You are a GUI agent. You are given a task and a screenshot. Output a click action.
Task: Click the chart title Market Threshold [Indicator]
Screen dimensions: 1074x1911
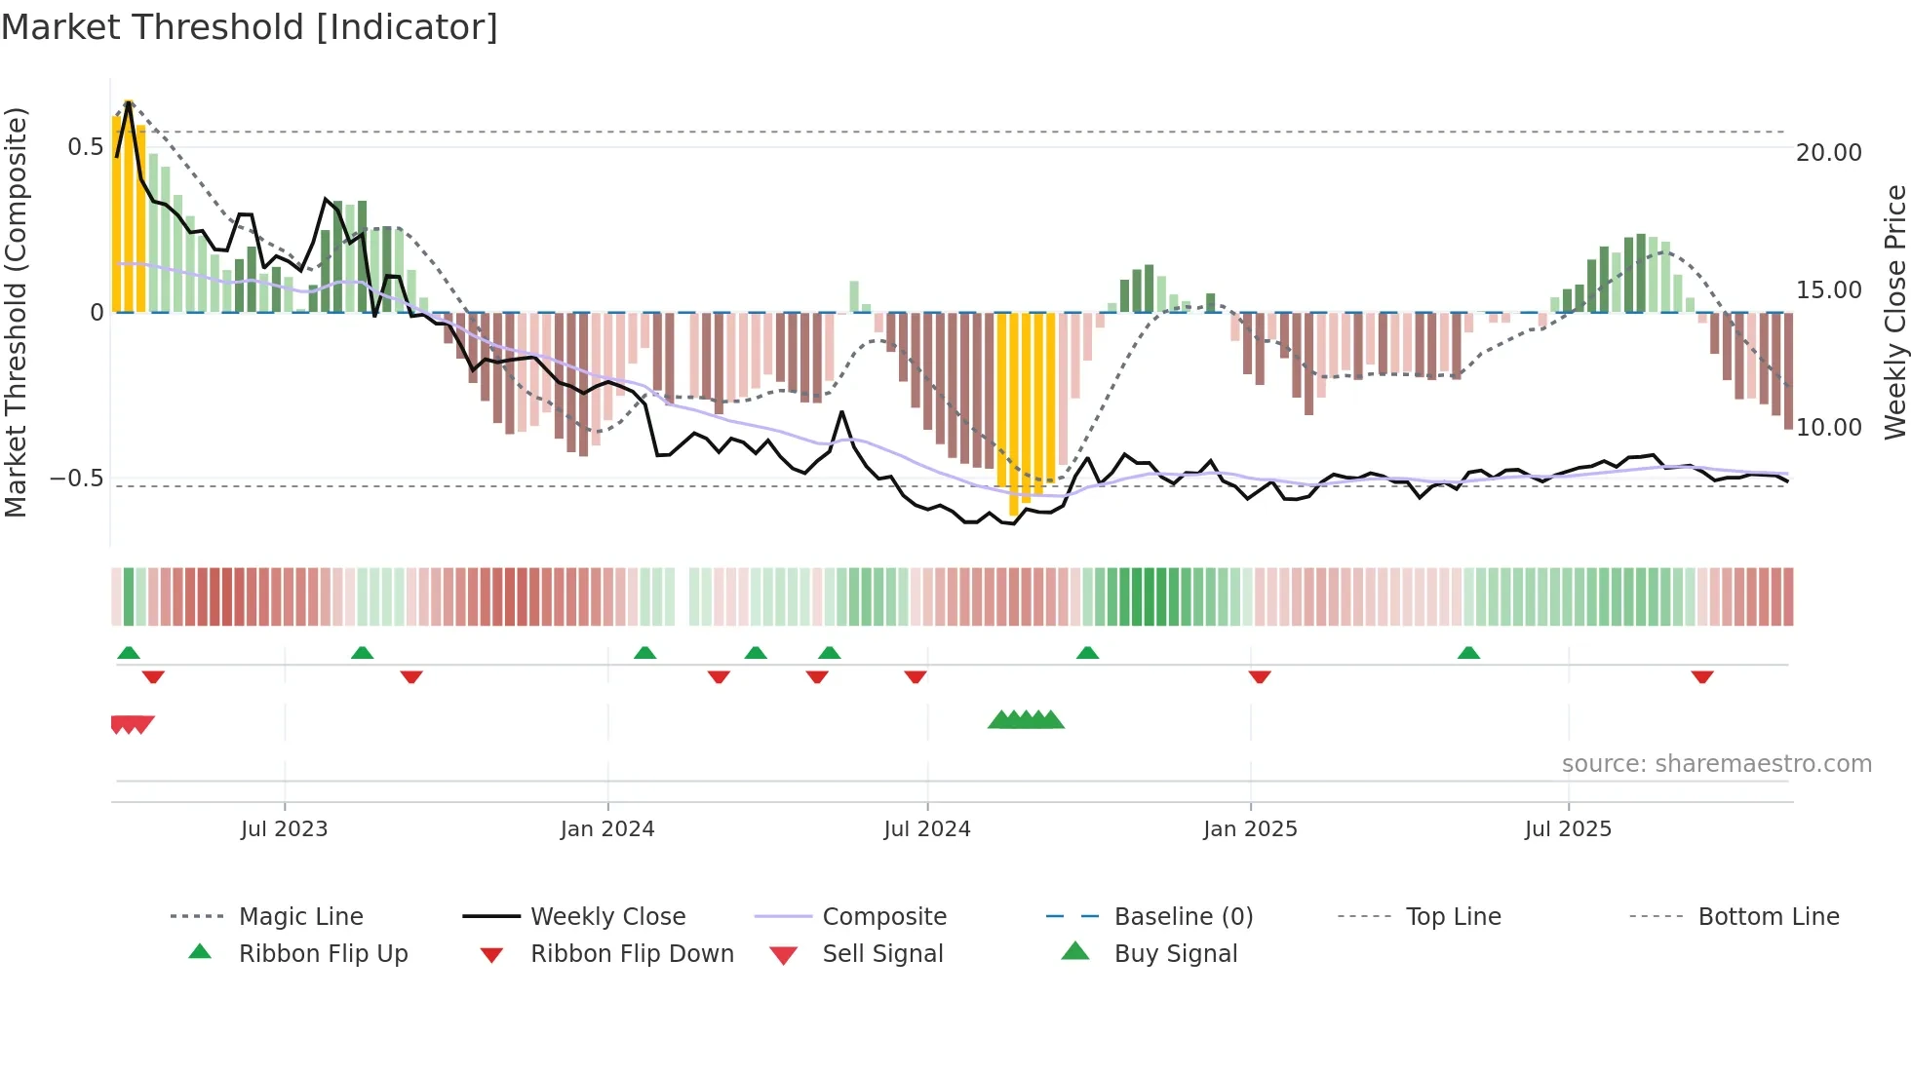tap(250, 27)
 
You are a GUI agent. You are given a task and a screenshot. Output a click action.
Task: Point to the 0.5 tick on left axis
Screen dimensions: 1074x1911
tap(85, 147)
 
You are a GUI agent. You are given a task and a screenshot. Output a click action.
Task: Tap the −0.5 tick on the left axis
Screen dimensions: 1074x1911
tap(77, 479)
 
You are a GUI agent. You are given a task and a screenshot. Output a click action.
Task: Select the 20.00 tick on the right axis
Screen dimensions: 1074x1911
tap(1828, 153)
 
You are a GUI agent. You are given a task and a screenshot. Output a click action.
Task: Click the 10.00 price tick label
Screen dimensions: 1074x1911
tap(1828, 428)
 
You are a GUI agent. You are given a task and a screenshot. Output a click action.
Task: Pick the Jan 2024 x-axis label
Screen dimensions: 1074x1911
tap(606, 829)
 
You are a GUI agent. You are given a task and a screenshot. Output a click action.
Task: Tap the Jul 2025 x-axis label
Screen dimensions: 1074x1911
tap(1568, 829)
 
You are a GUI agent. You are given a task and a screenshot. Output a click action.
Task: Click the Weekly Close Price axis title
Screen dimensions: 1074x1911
tap(1894, 312)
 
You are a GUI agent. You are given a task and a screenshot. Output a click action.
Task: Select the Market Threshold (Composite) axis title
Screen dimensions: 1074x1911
tap(16, 312)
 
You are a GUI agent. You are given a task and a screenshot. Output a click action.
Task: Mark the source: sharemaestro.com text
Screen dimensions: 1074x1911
tap(1716, 764)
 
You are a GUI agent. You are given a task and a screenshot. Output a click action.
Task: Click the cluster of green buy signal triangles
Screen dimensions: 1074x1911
tap(1026, 720)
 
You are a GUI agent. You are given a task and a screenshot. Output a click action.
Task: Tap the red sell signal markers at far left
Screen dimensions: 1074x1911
tap(132, 724)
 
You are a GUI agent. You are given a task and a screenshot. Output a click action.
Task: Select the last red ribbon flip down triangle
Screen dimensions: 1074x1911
tap(1702, 677)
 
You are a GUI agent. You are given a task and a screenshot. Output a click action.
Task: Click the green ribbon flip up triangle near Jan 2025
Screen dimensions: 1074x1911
tap(1087, 652)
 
